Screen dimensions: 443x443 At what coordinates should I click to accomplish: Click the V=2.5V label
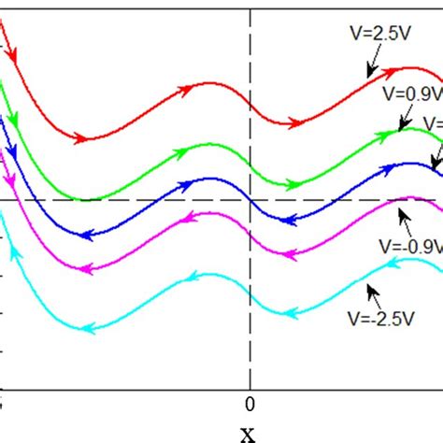(364, 32)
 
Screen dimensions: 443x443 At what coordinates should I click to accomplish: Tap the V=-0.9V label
(407, 250)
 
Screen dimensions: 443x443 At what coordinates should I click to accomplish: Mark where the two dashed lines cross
(250, 199)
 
